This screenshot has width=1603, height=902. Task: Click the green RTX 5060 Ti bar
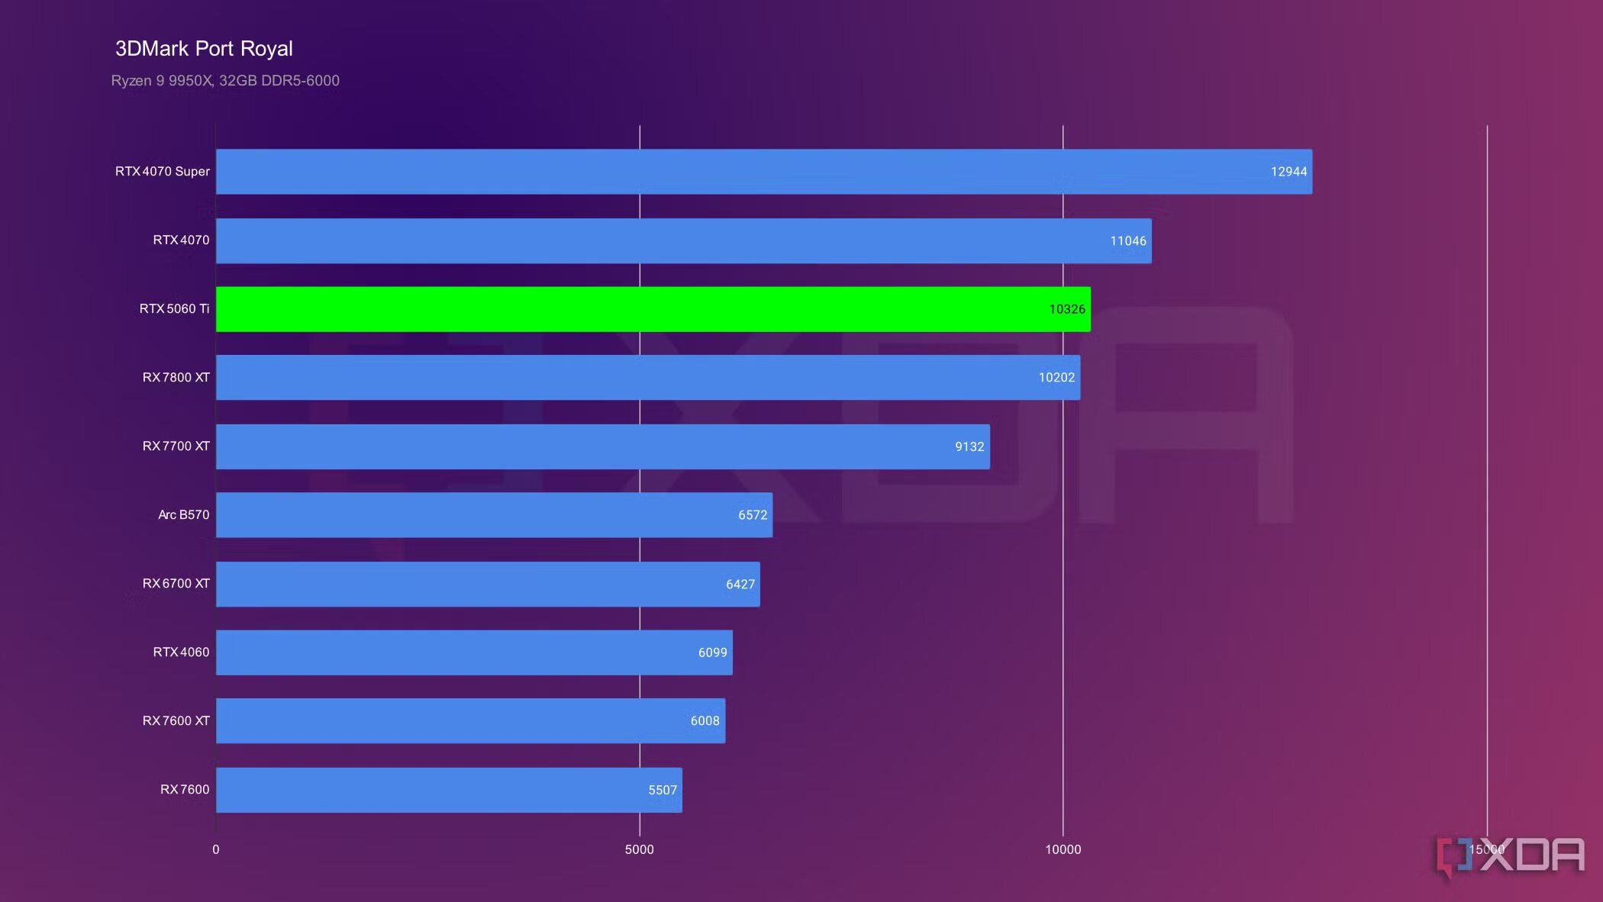coord(653,309)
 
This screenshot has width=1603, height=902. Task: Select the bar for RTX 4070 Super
coord(763,172)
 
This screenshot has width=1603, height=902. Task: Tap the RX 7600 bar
coord(449,790)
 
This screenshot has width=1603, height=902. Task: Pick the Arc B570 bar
coord(494,515)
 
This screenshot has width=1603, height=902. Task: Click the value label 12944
coord(1289,172)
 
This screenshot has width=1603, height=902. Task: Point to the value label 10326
coord(1066,309)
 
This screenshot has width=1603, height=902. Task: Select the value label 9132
coord(969,446)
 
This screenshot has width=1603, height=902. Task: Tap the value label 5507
coord(663,790)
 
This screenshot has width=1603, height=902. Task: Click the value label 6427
coord(740,584)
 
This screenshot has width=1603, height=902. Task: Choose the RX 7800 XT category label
coord(176,377)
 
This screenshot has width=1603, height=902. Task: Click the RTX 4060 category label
coord(181,652)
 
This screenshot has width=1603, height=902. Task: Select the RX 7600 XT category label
coord(176,720)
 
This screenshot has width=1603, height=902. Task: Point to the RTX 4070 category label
coord(181,240)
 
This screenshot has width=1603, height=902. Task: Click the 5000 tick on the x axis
coord(639,849)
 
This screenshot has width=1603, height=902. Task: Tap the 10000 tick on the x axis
coord(1063,849)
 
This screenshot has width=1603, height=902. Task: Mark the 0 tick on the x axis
coord(216,849)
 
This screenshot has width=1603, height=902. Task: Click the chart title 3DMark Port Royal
coord(204,49)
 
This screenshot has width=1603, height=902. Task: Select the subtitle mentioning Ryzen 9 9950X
coord(225,80)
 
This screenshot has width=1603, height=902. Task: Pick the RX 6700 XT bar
coord(488,584)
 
